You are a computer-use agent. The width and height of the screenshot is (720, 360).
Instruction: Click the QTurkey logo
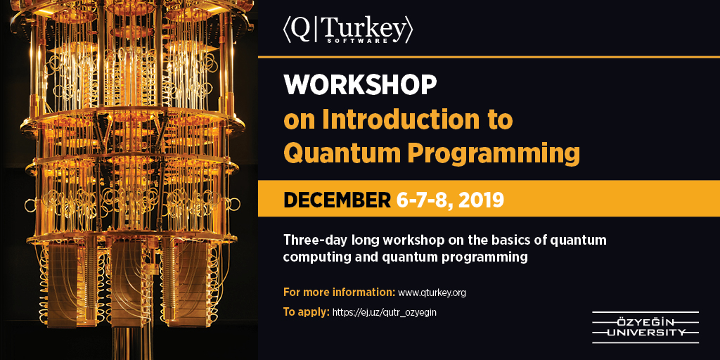(x=348, y=31)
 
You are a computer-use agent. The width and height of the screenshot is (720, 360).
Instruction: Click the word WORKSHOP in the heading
(x=360, y=84)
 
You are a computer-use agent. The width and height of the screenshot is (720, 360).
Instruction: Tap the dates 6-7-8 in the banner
(x=424, y=200)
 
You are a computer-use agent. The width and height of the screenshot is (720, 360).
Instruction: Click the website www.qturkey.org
(x=432, y=293)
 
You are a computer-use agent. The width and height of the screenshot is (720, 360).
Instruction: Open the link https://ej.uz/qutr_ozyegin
(x=385, y=313)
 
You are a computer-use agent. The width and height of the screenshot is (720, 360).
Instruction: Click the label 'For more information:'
(x=340, y=292)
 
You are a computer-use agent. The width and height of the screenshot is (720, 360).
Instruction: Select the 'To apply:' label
(x=307, y=313)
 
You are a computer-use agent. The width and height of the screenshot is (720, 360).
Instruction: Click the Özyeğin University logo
(x=645, y=327)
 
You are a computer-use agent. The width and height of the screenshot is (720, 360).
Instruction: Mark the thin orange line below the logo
(x=489, y=57)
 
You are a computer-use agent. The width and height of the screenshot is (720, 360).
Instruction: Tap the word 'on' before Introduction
(x=299, y=121)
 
